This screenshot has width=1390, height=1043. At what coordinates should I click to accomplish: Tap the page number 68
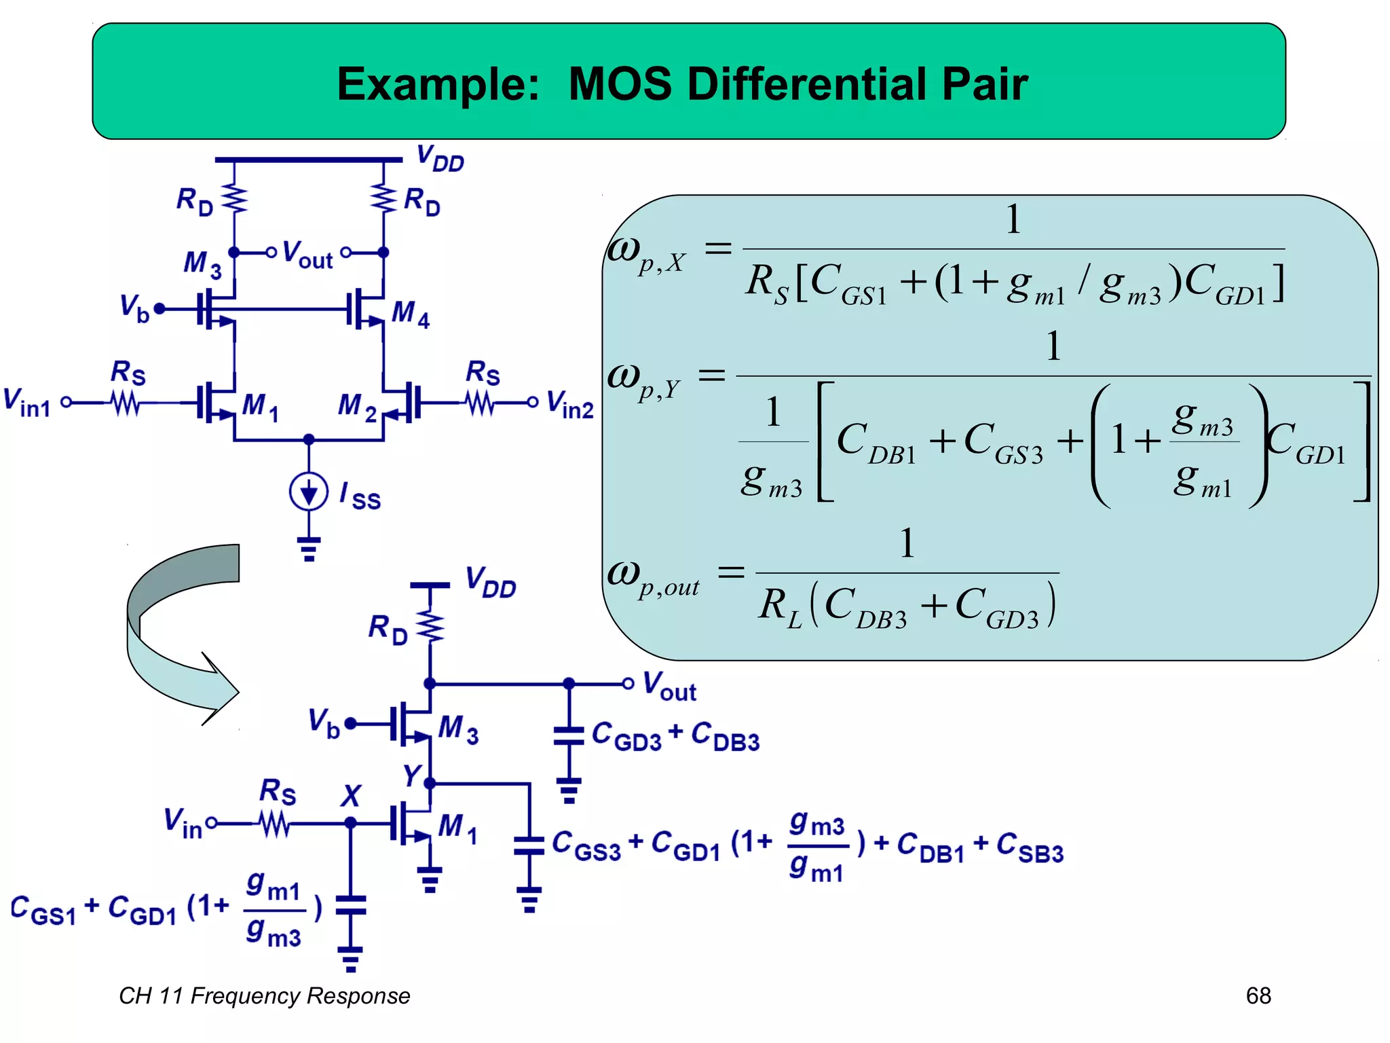pos(1258,995)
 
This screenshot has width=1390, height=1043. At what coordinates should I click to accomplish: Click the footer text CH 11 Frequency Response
pos(264,995)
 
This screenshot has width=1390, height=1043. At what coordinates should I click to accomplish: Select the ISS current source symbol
pos(309,492)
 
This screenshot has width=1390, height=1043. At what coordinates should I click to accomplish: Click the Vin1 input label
pos(27,402)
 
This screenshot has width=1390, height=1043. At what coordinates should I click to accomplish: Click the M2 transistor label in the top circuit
pos(357,407)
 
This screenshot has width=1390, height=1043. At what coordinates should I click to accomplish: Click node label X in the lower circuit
pos(351,795)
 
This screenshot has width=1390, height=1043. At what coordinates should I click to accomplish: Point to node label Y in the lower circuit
pos(412,775)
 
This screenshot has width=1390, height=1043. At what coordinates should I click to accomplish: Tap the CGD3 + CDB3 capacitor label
pos(675,736)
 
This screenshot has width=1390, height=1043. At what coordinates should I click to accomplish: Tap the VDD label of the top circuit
pos(440,159)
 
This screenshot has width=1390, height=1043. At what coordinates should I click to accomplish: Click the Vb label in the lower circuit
pos(324,723)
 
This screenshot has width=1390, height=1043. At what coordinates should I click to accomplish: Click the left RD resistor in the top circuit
pos(235,199)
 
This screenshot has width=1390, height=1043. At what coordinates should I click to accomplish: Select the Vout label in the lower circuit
pos(669,686)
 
